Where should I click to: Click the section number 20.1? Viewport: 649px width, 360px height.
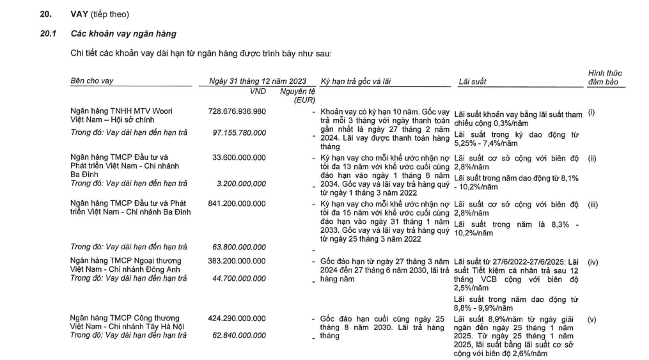tap(48, 33)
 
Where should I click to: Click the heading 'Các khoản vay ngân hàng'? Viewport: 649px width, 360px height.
tap(123, 33)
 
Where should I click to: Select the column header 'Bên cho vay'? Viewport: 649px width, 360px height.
tap(92, 81)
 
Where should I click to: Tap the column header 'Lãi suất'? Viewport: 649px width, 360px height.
tap(473, 81)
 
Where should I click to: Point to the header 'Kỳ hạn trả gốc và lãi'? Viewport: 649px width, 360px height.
tap(358, 81)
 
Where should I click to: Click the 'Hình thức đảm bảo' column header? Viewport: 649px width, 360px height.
tap(604, 77)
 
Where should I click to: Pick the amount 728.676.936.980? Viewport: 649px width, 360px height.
tap(237, 111)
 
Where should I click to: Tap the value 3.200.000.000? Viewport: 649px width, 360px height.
tap(242, 184)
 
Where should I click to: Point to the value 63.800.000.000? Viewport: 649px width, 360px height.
tap(239, 246)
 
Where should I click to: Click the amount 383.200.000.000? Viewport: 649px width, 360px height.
tap(237, 261)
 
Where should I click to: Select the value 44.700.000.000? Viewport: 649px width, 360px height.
tap(239, 278)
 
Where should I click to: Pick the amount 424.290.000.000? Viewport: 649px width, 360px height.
tap(237, 318)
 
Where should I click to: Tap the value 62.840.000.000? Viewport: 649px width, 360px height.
tap(239, 334)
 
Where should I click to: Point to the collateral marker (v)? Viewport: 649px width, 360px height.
tap(591, 318)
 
